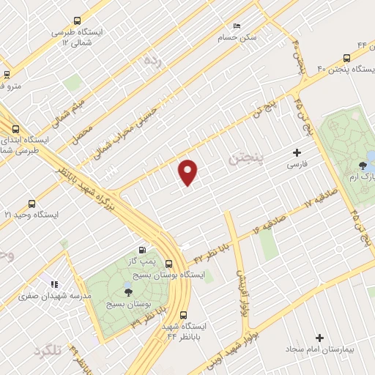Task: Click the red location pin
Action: click(x=188, y=172)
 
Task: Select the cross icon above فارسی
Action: click(x=297, y=153)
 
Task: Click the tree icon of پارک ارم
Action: click(x=363, y=166)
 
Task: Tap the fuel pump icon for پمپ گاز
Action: click(x=142, y=250)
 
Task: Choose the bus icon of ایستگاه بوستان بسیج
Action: click(x=169, y=264)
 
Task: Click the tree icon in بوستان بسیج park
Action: click(x=129, y=291)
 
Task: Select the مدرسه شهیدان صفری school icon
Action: click(x=53, y=283)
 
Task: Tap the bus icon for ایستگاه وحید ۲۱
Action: click(x=31, y=204)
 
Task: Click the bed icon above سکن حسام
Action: click(x=236, y=26)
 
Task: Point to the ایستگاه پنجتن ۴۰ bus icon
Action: click(x=347, y=59)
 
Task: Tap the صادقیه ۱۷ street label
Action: click(x=278, y=217)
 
